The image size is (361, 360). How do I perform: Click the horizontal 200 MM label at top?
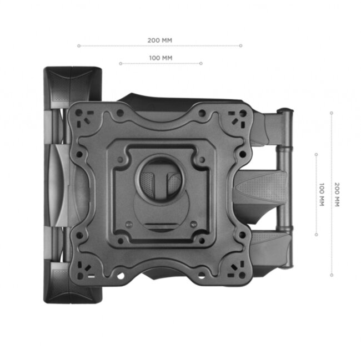(160, 40)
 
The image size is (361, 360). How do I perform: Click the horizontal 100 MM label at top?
(161, 58)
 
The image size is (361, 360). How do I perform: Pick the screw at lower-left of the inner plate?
(129, 224)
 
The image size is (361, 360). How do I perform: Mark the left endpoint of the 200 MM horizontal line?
(78, 46)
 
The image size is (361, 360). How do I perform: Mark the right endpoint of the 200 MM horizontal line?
(242, 46)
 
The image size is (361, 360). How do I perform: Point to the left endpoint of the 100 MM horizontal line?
(120, 63)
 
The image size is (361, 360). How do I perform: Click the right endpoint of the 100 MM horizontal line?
(201, 63)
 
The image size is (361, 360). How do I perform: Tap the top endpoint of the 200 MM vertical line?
(332, 113)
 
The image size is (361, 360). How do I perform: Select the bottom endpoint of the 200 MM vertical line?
(332, 275)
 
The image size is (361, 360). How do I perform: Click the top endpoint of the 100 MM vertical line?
(316, 155)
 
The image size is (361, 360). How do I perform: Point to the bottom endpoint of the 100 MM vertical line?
(316, 235)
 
